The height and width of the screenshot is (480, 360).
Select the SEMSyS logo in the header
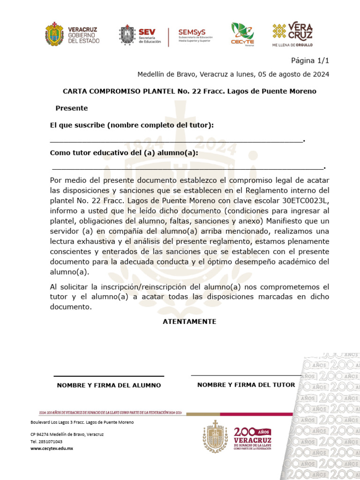(x=195, y=36)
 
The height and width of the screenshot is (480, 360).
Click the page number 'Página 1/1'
(x=310, y=61)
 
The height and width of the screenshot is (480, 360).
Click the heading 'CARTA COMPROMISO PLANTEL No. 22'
(x=189, y=91)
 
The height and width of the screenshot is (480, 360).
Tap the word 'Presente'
(x=72, y=108)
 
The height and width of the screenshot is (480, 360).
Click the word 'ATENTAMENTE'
(x=189, y=322)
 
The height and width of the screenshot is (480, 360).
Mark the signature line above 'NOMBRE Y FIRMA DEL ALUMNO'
(x=109, y=376)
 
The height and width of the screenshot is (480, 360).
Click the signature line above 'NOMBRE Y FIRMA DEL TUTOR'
(x=246, y=375)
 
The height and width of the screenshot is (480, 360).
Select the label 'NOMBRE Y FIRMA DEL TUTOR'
(x=246, y=385)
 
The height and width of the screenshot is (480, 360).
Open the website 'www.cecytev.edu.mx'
(x=52, y=449)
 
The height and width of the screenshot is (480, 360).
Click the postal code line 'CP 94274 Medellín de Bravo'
(x=67, y=434)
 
